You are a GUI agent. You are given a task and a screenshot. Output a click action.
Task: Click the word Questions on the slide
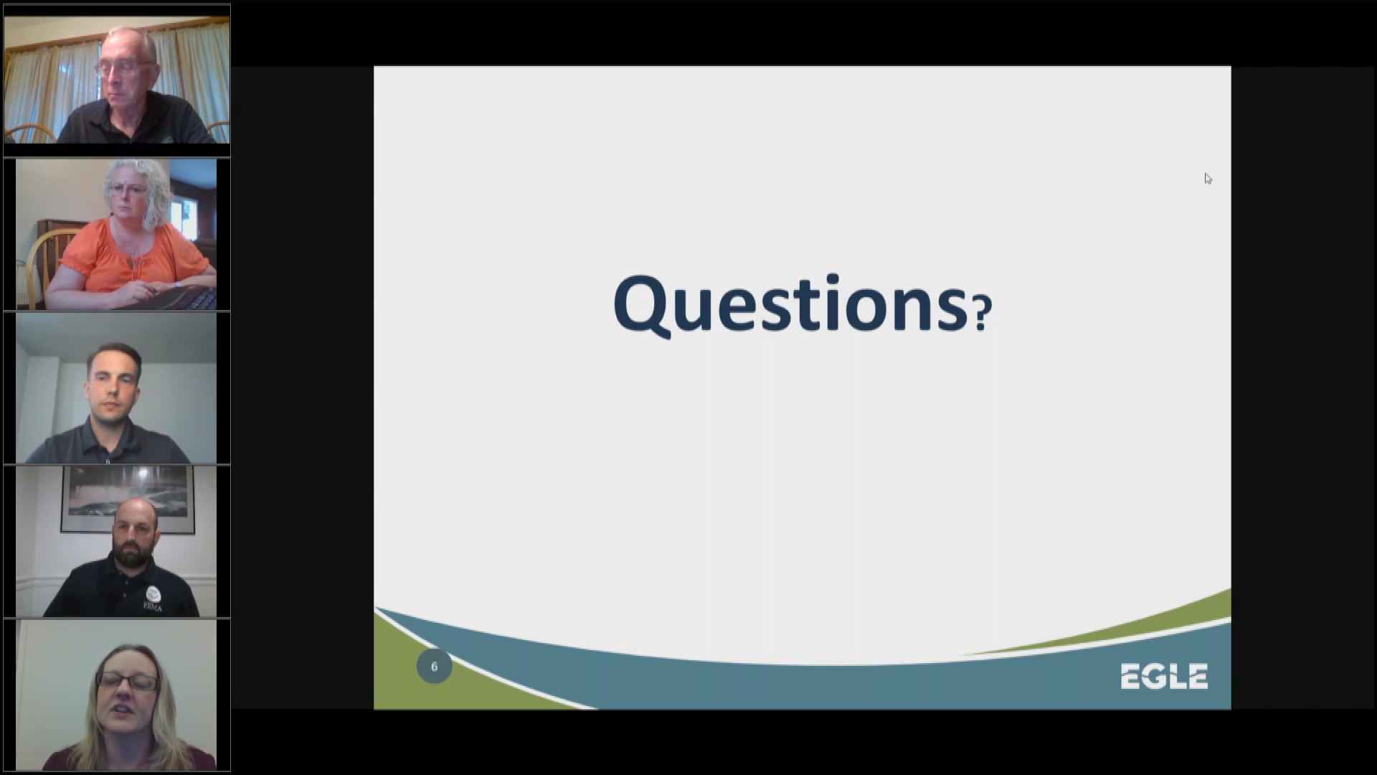point(790,304)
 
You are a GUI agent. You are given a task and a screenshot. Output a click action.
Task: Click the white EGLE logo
point(1164,676)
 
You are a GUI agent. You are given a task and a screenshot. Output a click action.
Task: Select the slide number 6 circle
point(434,667)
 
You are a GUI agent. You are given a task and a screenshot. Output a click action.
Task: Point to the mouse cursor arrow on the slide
point(1208,179)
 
